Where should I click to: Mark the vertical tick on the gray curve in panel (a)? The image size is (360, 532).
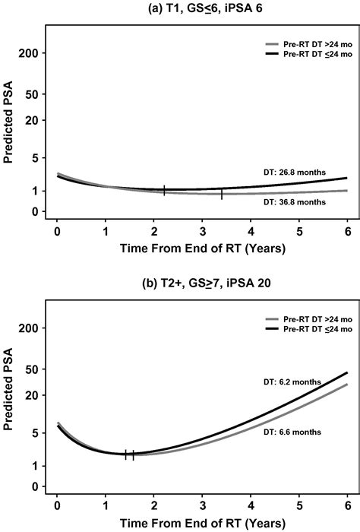point(222,194)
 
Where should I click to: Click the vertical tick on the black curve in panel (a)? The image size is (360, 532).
point(164,190)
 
